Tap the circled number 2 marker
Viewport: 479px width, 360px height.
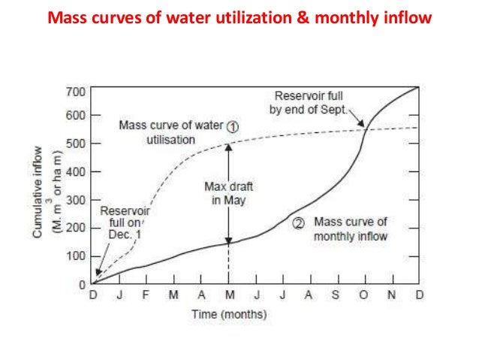[x=298, y=222]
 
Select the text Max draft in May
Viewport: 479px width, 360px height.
[x=229, y=194]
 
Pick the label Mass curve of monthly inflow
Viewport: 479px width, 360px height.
[x=350, y=229]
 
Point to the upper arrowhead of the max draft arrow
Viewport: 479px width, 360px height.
[x=229, y=146]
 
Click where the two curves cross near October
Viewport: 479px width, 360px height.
[x=365, y=130]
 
